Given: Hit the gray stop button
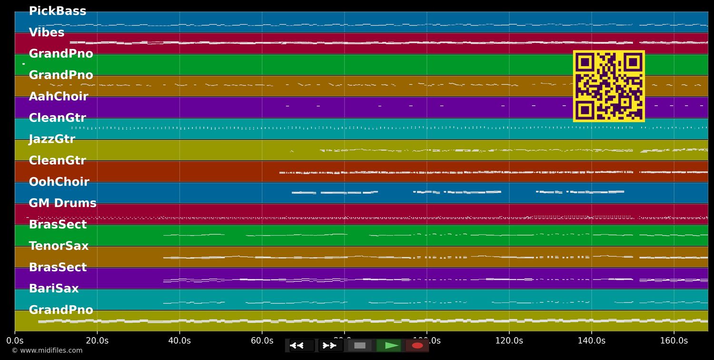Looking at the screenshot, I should pos(360,346).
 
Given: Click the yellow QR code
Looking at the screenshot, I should pos(609,86).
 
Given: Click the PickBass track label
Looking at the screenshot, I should pos(58,11).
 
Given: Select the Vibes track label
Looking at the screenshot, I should pos(47,33).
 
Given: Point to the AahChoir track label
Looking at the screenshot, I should pos(59,97).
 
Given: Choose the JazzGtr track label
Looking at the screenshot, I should pos(52,140).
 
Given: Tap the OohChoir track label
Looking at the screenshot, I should pos(59,182).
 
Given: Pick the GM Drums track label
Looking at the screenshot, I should pos(62,203).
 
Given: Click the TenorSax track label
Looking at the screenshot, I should pos(59,246).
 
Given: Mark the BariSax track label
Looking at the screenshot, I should pos(54,289).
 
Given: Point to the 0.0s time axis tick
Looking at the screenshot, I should pos(15,341).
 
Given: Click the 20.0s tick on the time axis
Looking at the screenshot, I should pos(97,341).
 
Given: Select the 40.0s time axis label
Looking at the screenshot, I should pos(179,341).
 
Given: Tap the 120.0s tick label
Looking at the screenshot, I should pos(509,341).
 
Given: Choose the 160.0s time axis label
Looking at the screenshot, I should pos(674,341).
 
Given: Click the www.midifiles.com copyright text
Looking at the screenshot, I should pos(47,351).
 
